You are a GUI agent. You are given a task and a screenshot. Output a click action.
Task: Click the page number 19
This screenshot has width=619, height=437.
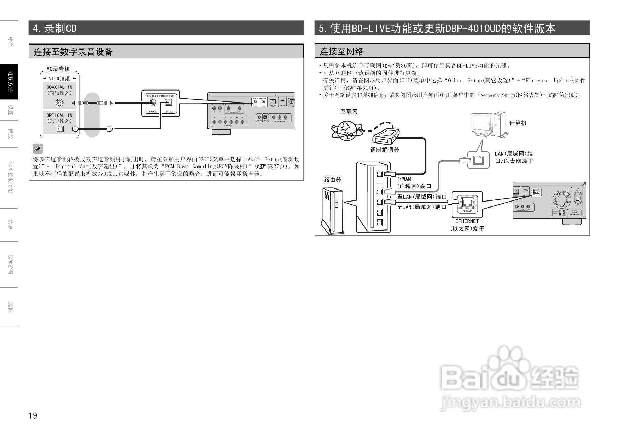pyautogui.click(x=33, y=415)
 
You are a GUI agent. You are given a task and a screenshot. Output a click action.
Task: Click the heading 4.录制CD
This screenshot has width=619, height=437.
pyautogui.click(x=54, y=28)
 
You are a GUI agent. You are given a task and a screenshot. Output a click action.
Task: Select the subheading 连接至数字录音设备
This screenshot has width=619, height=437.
pyautogui.click(x=73, y=52)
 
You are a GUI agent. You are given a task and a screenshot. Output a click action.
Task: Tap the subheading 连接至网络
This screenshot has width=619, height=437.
pyautogui.click(x=341, y=52)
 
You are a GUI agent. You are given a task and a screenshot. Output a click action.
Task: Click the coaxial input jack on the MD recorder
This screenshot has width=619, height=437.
pyautogui.click(x=60, y=103)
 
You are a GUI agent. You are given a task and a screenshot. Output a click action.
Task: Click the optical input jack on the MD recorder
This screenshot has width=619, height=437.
pyautogui.click(x=59, y=129)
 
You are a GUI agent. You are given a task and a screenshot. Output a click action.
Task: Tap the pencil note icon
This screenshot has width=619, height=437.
pyautogui.click(x=37, y=148)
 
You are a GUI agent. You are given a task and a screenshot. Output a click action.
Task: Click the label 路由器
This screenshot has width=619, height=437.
pyautogui.click(x=333, y=180)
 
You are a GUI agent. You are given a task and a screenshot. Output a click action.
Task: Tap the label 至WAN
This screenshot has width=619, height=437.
pyautogui.click(x=404, y=179)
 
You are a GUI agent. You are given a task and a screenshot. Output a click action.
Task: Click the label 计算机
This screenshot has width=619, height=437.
pyautogui.click(x=518, y=123)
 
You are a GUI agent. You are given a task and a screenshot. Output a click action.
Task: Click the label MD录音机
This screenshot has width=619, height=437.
pyautogui.click(x=58, y=69)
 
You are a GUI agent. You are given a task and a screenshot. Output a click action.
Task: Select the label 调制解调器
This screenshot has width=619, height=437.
pyautogui.click(x=385, y=150)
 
